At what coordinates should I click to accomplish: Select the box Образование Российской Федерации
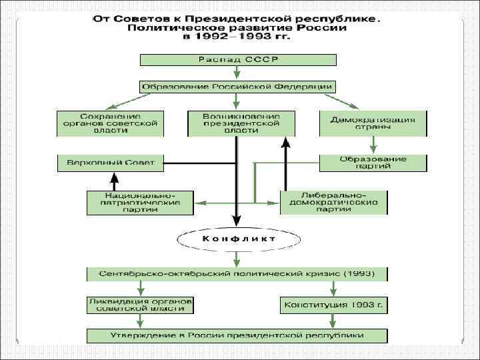point(237,87)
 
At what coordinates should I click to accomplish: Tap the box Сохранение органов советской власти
point(110,123)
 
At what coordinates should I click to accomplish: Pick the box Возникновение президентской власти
point(241,123)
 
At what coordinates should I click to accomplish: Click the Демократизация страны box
point(373,123)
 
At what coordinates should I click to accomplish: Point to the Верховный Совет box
point(110,163)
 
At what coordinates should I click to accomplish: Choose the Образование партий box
point(373,163)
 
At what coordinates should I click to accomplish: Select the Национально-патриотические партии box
point(140,203)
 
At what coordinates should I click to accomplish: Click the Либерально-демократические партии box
point(334,203)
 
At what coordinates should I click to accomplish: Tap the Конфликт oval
point(237,238)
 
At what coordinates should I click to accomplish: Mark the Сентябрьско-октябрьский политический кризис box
point(237,274)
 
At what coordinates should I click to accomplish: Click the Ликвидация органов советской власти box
point(140,305)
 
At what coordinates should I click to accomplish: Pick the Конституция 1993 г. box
point(334,305)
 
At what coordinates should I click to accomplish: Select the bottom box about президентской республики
point(237,335)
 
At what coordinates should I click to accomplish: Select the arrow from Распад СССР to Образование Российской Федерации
point(237,73)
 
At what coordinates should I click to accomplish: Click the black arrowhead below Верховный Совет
point(114,178)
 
